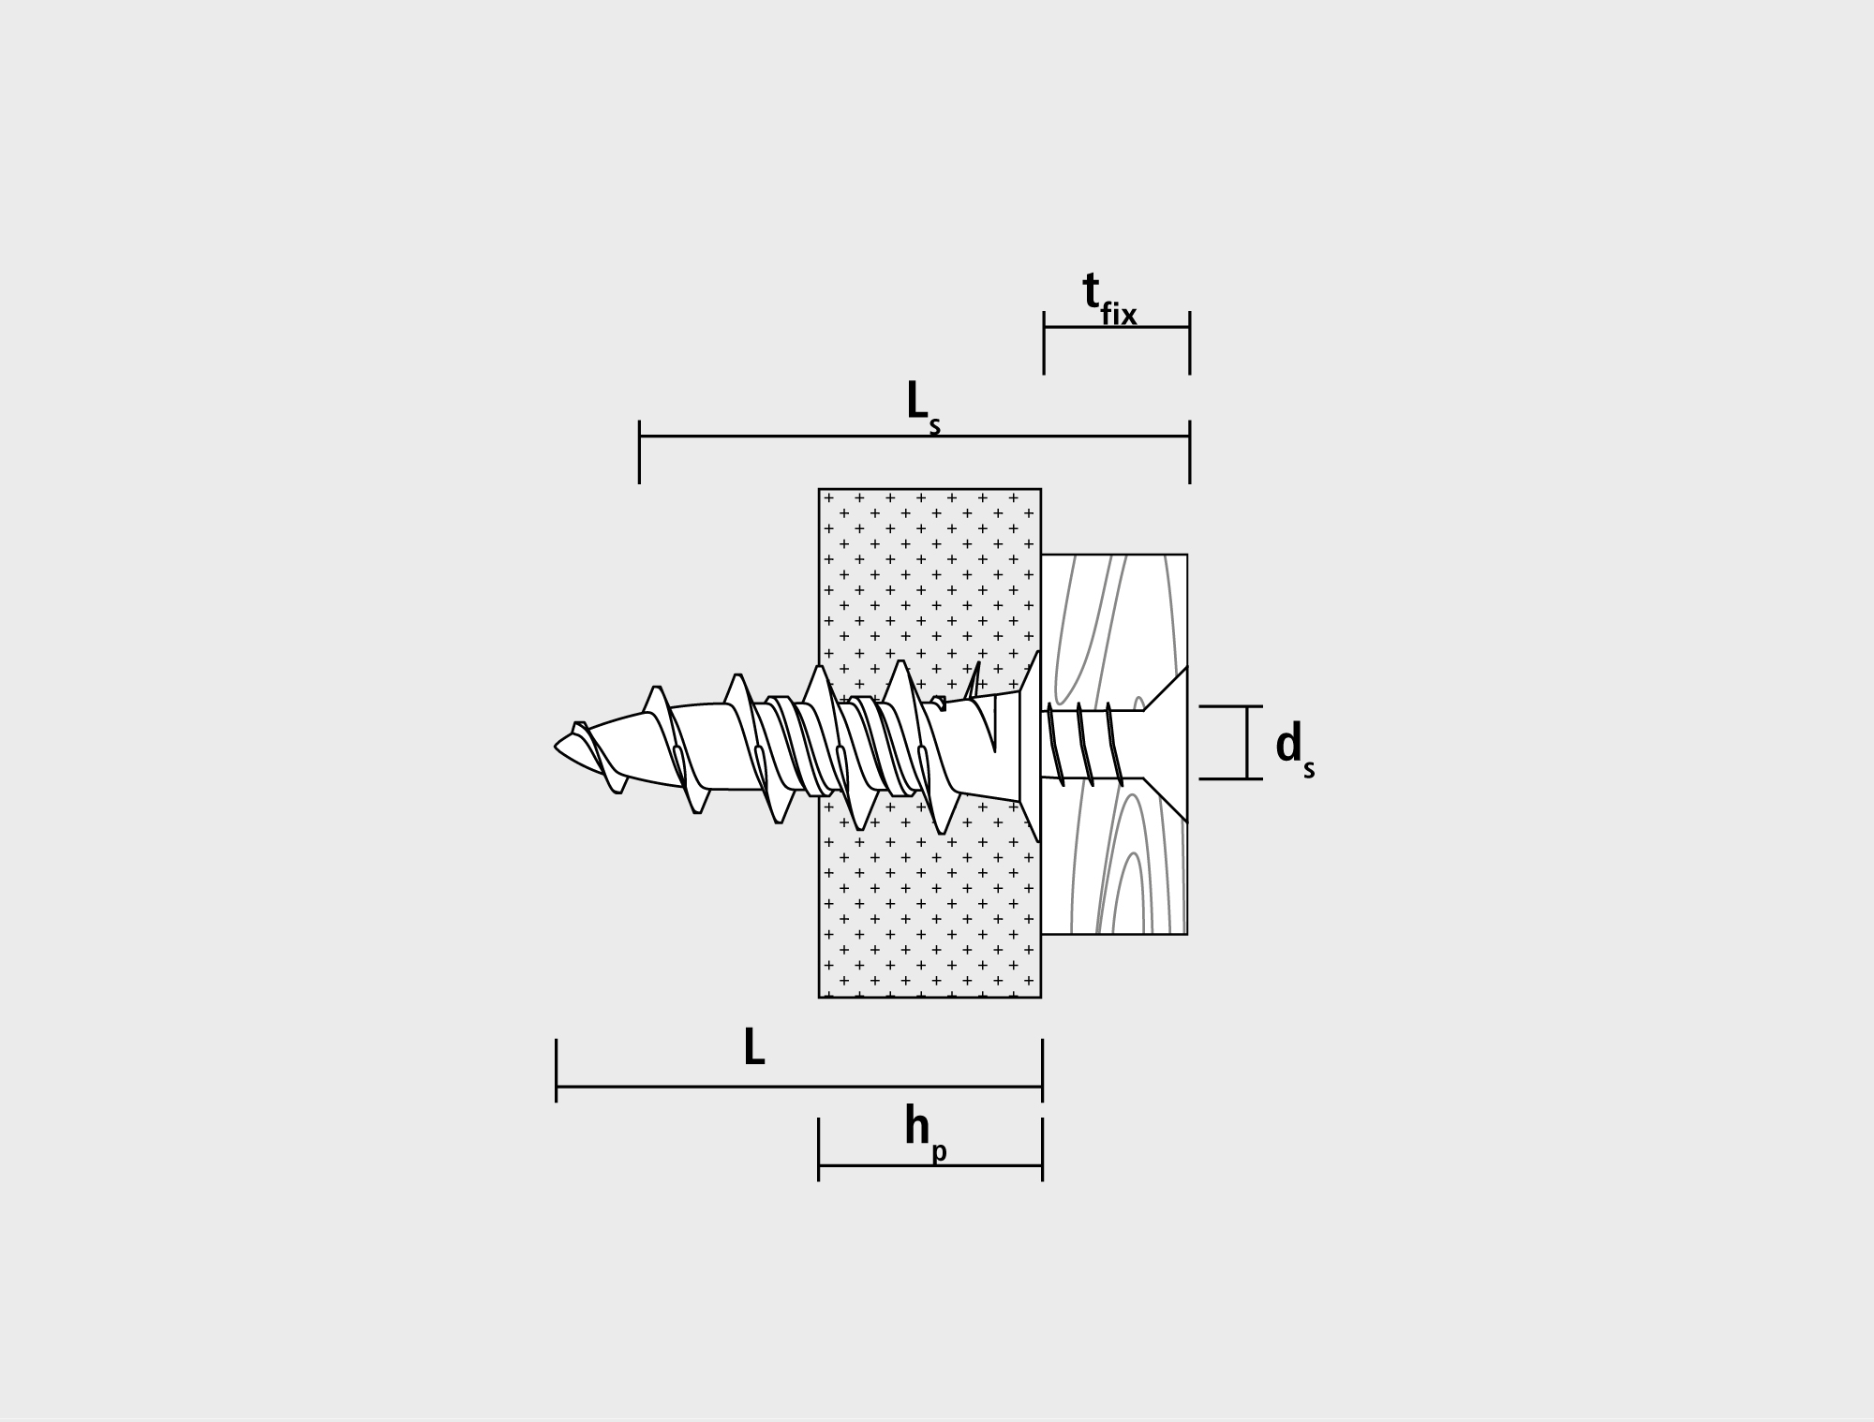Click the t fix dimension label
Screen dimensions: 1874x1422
[1109, 299]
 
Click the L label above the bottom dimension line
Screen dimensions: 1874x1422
[754, 1047]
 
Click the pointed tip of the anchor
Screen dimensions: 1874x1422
[556, 747]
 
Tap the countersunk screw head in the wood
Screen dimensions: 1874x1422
[1166, 745]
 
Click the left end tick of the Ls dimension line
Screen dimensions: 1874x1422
[639, 452]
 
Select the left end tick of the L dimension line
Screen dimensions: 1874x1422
[557, 1070]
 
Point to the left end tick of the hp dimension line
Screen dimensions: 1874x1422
[819, 1149]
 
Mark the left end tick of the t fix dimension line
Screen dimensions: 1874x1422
[1044, 343]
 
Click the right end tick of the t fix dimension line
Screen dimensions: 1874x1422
[1190, 343]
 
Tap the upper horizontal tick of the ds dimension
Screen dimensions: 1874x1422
[1231, 706]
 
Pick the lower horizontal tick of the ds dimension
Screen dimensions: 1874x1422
[1231, 778]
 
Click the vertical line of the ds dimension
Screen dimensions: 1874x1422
[1247, 743]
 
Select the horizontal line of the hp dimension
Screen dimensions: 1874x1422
[930, 1165]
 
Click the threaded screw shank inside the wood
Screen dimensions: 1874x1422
[1092, 745]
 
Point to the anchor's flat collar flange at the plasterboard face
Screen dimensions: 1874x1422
[1030, 746]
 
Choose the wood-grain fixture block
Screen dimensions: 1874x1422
[1114, 745]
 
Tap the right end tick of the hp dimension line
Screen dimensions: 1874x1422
[1042, 1149]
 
